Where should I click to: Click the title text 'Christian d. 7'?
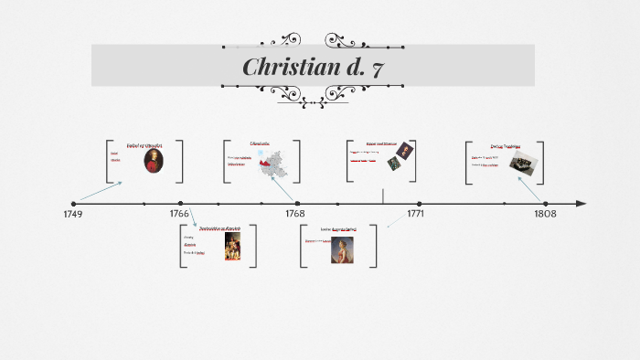point(312,67)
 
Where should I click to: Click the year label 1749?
point(73,214)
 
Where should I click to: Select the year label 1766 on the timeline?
point(179,214)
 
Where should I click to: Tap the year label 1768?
point(294,214)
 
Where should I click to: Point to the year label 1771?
point(415,214)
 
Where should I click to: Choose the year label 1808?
point(545,214)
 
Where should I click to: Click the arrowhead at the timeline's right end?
point(581,204)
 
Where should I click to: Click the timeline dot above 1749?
point(74,204)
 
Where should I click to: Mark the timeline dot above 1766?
point(181,204)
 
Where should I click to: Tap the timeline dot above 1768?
point(296,204)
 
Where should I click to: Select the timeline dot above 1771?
point(419,204)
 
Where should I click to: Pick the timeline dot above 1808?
point(545,204)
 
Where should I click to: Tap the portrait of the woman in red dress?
point(342,249)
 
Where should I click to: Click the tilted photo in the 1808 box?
point(522,163)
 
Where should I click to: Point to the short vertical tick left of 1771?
point(383,196)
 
